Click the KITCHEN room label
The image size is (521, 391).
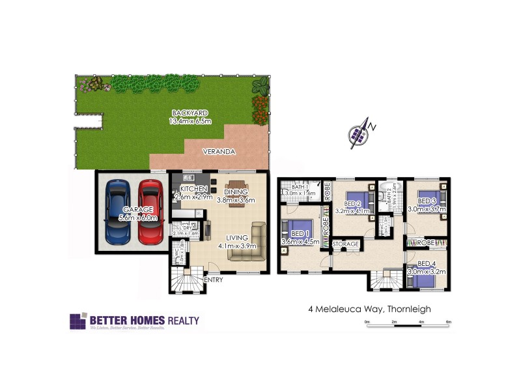pos(193,188)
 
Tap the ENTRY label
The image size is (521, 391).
pos(213,280)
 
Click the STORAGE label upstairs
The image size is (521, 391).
pos(345,244)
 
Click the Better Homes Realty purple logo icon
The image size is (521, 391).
pos(77,322)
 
